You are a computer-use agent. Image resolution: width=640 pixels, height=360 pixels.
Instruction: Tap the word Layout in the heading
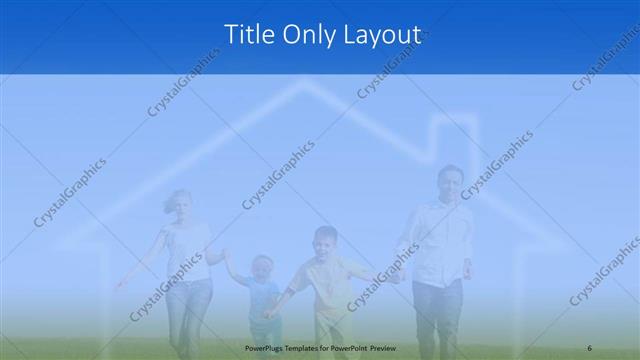click(382, 35)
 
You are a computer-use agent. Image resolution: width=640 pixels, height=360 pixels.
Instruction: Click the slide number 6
click(590, 346)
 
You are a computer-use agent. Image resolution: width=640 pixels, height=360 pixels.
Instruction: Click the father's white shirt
click(438, 240)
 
